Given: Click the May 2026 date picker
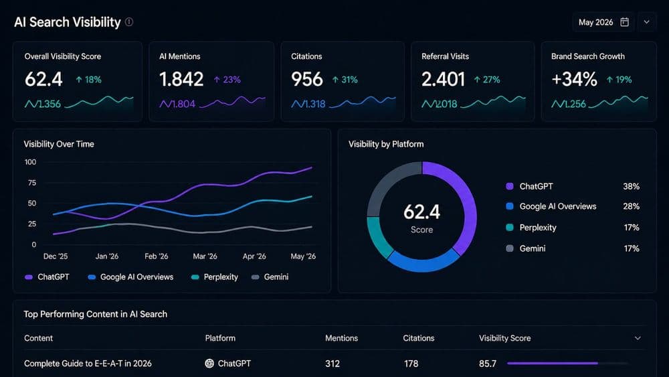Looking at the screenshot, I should coord(603,22).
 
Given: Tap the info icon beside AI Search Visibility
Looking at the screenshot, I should coord(129,22).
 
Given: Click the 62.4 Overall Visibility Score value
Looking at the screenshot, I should coord(43,79).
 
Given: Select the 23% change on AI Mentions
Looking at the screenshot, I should coord(227,80).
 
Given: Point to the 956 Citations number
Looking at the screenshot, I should coord(307,79).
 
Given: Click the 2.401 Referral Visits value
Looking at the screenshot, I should coord(443,79).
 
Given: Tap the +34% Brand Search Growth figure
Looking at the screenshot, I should coord(574,79).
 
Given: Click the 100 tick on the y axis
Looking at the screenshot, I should coord(30,162).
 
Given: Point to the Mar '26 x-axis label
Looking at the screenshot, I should coord(205,256).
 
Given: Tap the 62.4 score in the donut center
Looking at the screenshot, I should coord(421,212).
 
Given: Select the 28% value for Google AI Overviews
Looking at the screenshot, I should coord(630,206).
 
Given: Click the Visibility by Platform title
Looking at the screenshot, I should coord(386,144).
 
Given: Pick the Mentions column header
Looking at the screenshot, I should coord(341,338).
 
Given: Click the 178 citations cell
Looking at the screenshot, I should coord(411,364).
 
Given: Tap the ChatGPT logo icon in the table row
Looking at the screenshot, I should coord(209,364).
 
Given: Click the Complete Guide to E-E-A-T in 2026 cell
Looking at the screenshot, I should coord(88,364).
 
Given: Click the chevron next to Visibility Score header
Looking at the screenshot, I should coord(638,338).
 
